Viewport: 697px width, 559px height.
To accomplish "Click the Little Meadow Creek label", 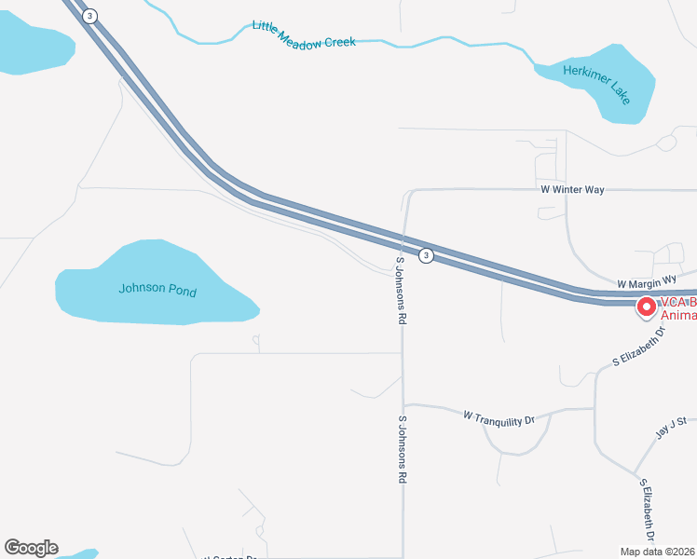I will coord(304,34).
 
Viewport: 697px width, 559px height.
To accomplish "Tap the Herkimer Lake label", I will coord(597,84).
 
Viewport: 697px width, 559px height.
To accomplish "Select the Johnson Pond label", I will coord(157,290).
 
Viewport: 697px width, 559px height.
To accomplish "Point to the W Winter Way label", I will coord(572,189).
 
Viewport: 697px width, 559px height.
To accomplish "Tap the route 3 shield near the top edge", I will coord(89,16).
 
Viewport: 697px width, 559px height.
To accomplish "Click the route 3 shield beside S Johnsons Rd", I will coord(426,255).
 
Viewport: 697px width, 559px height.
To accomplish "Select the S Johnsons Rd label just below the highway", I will coord(402,291).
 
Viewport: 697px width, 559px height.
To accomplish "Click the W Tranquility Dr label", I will coord(499,419).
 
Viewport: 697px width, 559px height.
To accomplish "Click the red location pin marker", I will coord(645,306).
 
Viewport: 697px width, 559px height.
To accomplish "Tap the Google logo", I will coord(31,548).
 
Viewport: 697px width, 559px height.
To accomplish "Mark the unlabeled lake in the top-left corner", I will coord(33,47).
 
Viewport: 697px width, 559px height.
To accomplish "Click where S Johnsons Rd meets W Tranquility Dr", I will coord(403,404).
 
